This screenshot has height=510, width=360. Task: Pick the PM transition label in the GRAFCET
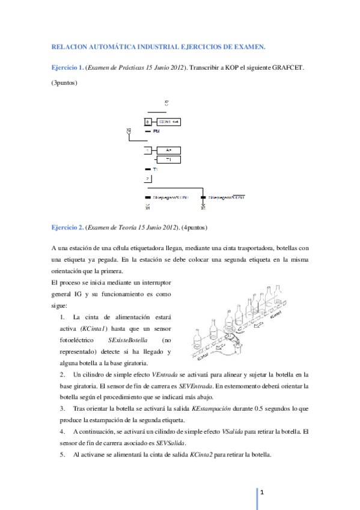tap(156, 131)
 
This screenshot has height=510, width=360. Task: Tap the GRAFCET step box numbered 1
tap(148, 150)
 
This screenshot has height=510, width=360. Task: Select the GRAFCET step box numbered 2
tap(148, 179)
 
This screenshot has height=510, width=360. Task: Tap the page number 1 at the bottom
tap(263, 492)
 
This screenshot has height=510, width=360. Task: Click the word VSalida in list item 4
tap(234, 431)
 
